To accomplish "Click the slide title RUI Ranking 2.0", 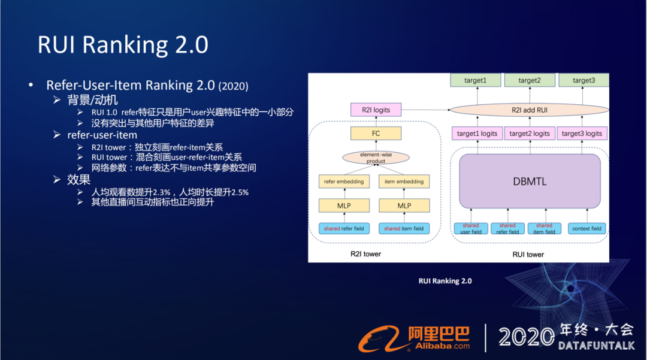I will (x=123, y=45).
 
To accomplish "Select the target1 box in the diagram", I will (x=476, y=81).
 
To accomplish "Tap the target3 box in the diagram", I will (x=583, y=81).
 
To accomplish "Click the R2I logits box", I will (x=376, y=110).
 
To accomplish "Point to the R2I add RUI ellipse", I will (x=529, y=110).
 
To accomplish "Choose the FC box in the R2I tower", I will (x=376, y=134).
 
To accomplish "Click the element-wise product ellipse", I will (x=376, y=158).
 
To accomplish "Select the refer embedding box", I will (x=344, y=181).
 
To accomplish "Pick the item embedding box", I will (x=404, y=181).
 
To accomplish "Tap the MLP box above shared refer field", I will (x=344, y=205).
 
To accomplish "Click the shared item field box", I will (x=404, y=228).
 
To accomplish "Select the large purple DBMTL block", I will (x=530, y=181).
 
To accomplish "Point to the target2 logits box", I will (x=529, y=134).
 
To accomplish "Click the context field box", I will (x=586, y=228).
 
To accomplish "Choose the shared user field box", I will (x=470, y=228).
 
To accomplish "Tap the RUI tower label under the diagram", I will (x=527, y=255).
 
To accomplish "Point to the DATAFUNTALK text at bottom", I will (x=596, y=346).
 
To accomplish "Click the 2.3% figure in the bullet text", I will (x=161, y=192).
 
